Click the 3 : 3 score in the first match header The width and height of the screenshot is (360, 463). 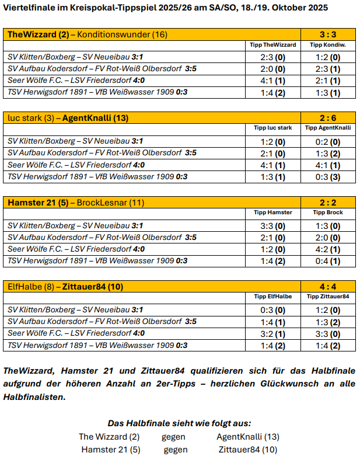coord(327,34)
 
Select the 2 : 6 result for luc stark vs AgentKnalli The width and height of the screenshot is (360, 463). coord(327,118)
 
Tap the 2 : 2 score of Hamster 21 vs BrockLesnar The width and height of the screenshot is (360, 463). coord(327,203)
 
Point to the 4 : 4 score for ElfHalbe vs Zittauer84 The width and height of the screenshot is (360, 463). coord(327,287)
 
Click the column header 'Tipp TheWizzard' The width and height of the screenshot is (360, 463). coord(272,44)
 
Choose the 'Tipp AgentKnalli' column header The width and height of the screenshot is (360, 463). coord(327,128)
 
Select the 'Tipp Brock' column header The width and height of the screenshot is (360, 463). coord(327,213)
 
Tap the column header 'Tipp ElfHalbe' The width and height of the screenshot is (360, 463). coord(272,297)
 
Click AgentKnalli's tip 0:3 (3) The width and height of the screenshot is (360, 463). coord(327,177)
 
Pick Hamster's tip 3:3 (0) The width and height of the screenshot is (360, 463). coord(272,226)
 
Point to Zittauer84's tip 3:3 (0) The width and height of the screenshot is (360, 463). coord(327,334)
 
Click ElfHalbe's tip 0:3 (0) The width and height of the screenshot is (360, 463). coord(272,310)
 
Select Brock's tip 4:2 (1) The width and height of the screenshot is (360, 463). coord(327,249)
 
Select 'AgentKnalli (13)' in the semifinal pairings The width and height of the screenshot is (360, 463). coord(247,437)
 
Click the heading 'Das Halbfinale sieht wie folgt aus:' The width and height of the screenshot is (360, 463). coord(179,424)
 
